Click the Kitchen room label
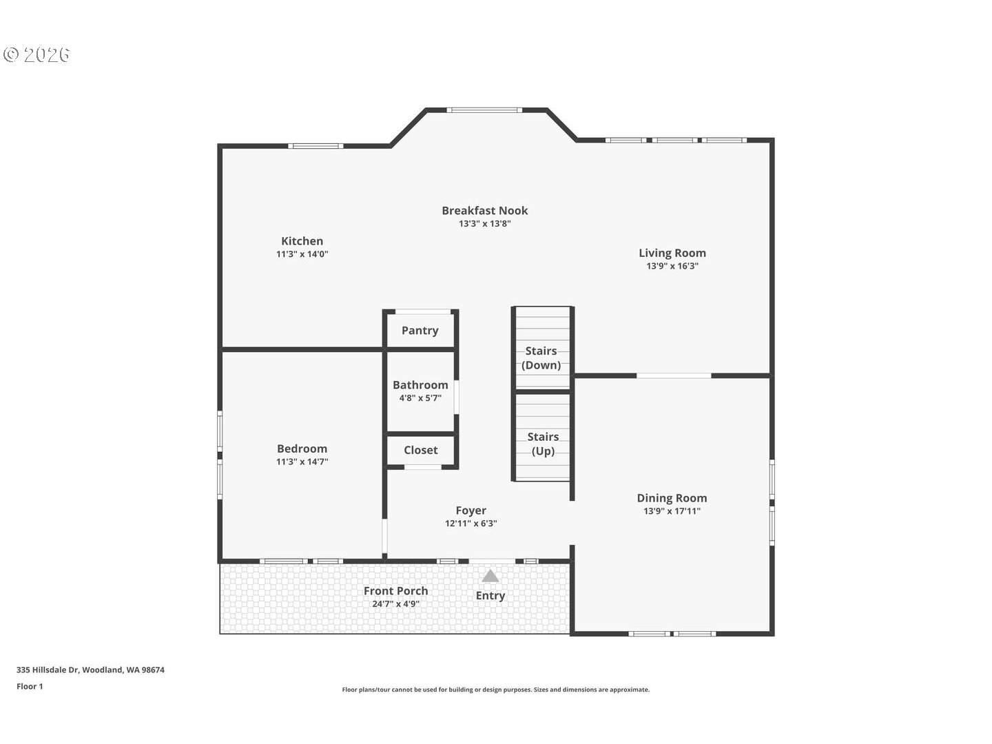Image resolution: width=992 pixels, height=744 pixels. click(302, 241)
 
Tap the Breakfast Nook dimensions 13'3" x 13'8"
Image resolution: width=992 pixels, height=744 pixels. click(484, 224)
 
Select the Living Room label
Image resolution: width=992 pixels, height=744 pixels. click(672, 253)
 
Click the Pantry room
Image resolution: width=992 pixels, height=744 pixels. click(420, 331)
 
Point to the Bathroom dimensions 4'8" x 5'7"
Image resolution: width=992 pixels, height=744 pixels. click(420, 398)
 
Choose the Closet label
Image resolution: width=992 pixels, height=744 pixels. click(420, 450)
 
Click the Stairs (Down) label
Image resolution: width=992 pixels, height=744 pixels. click(541, 358)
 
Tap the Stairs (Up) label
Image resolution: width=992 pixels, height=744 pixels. click(543, 444)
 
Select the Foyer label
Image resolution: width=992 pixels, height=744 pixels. click(471, 510)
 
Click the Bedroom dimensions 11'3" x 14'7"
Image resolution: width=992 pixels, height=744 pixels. click(302, 462)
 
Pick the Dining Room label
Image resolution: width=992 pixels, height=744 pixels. click(672, 498)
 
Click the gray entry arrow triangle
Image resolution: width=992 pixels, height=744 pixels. click(490, 576)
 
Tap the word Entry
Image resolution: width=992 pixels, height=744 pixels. click(490, 596)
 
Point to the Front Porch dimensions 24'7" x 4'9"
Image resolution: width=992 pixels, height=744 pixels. click(395, 604)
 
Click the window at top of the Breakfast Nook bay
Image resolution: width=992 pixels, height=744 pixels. click(484, 110)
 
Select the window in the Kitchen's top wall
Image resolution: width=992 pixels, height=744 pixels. click(315, 146)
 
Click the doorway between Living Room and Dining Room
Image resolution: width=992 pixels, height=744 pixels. click(673, 375)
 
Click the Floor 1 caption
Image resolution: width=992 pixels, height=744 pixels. click(30, 686)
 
